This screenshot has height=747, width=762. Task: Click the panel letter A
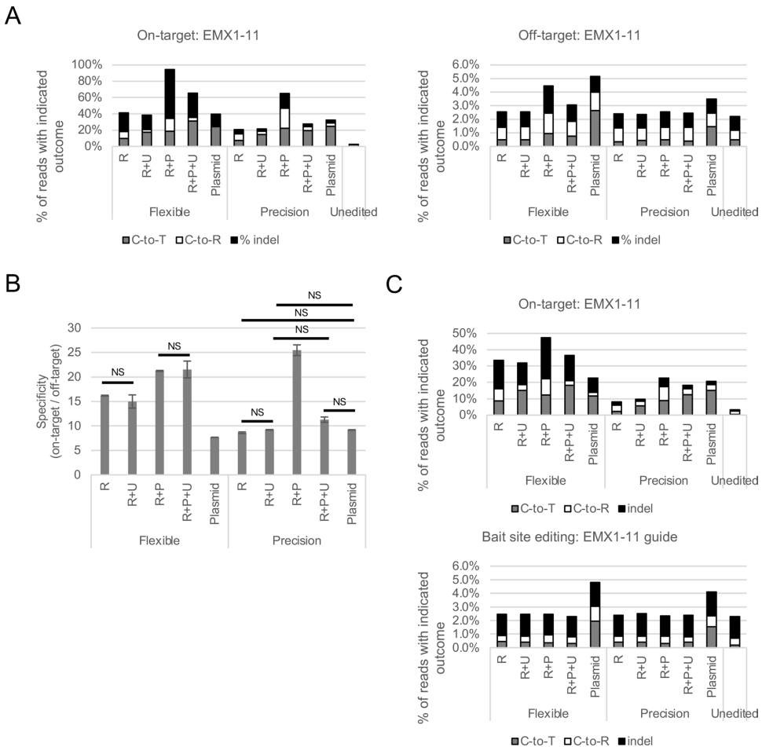tap(13, 15)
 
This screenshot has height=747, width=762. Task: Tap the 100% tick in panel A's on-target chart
tap(88, 64)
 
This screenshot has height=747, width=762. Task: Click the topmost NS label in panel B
tap(314, 295)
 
